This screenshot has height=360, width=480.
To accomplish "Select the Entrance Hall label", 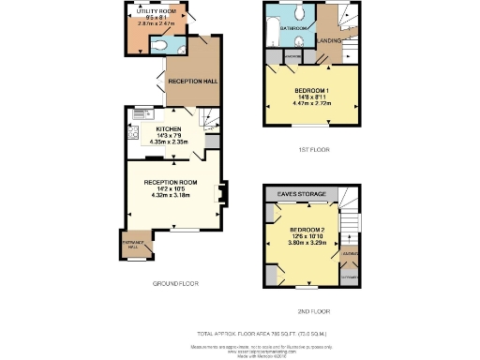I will pyautogui.click(x=130, y=243).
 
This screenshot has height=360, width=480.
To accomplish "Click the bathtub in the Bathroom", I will pyautogui.click(x=271, y=32).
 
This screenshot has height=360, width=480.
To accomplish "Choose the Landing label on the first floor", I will pyautogui.click(x=328, y=41).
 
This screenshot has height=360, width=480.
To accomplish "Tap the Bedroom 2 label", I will pyautogui.click(x=306, y=230).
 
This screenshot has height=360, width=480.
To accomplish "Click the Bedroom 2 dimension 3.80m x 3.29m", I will pyautogui.click(x=306, y=243).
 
